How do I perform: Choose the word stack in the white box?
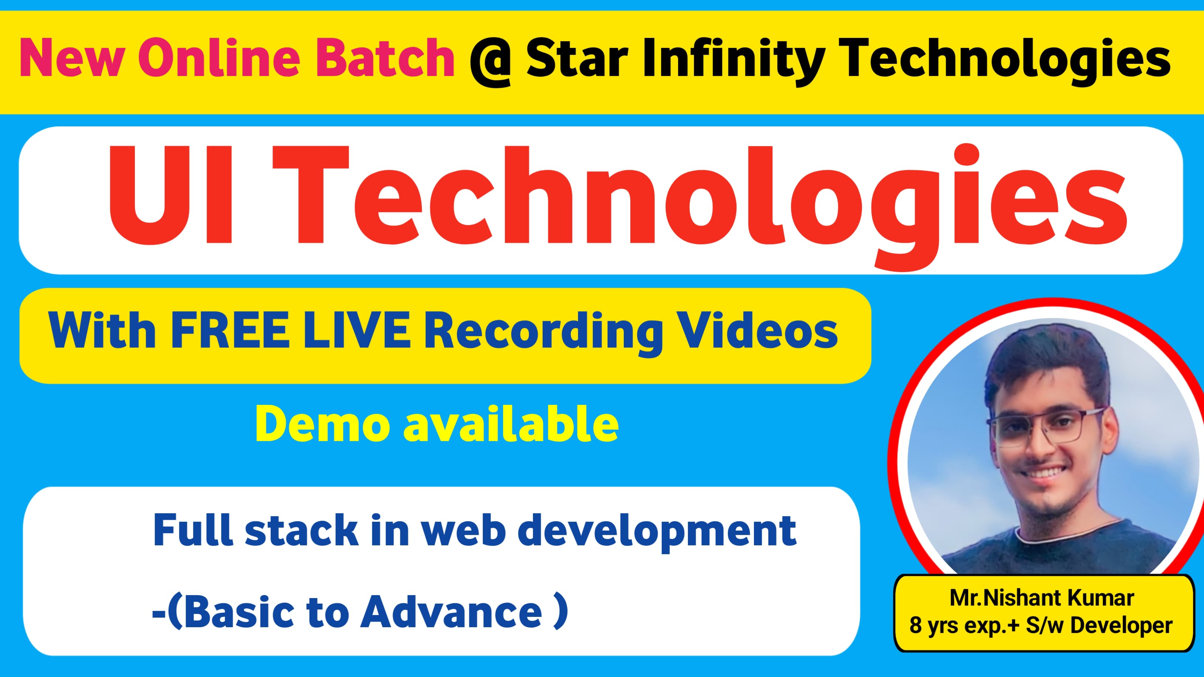tap(301, 530)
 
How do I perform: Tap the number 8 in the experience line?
tap(915, 625)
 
